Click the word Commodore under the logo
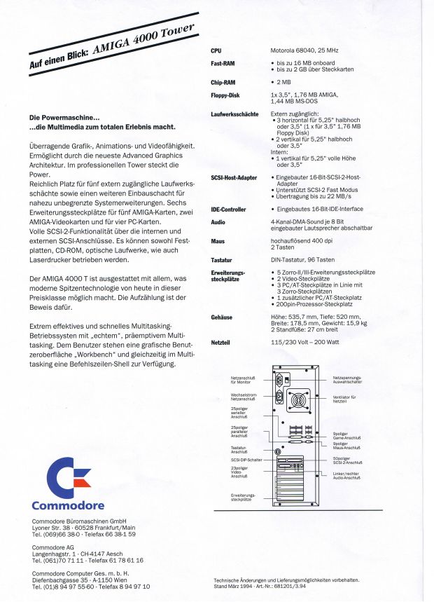68,505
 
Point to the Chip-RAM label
223,82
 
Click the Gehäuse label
222,317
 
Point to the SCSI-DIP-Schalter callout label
246,460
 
